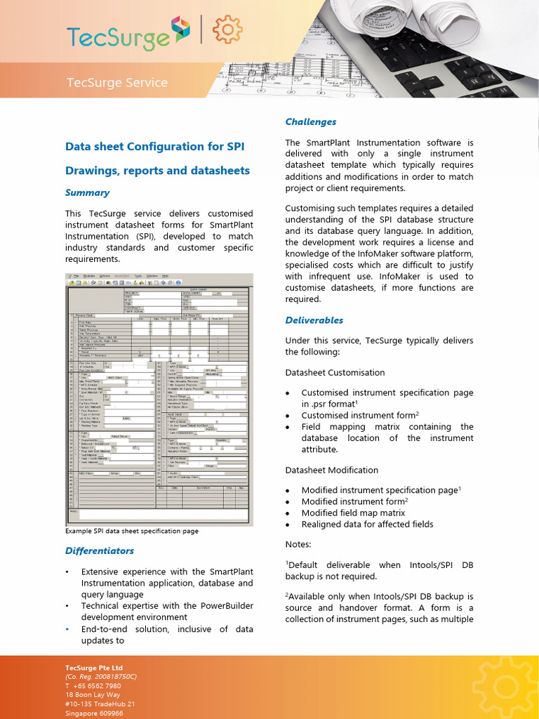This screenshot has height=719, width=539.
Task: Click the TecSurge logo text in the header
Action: (x=118, y=35)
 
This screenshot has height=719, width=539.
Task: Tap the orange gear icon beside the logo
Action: (x=227, y=30)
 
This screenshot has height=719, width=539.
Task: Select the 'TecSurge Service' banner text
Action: (x=117, y=83)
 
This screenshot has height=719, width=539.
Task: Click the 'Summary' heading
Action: (x=87, y=192)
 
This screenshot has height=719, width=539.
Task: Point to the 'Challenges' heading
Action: (x=310, y=121)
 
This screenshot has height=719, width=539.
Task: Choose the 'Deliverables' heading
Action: (x=314, y=320)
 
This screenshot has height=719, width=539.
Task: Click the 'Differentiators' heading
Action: (x=99, y=550)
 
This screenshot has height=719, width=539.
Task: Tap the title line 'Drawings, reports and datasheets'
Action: (x=157, y=170)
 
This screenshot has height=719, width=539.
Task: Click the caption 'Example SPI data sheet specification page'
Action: (x=131, y=531)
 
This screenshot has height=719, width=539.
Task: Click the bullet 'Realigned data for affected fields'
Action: (x=367, y=524)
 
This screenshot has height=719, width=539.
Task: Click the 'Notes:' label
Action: (x=298, y=544)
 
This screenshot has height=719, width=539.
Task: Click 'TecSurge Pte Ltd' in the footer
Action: (x=94, y=667)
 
